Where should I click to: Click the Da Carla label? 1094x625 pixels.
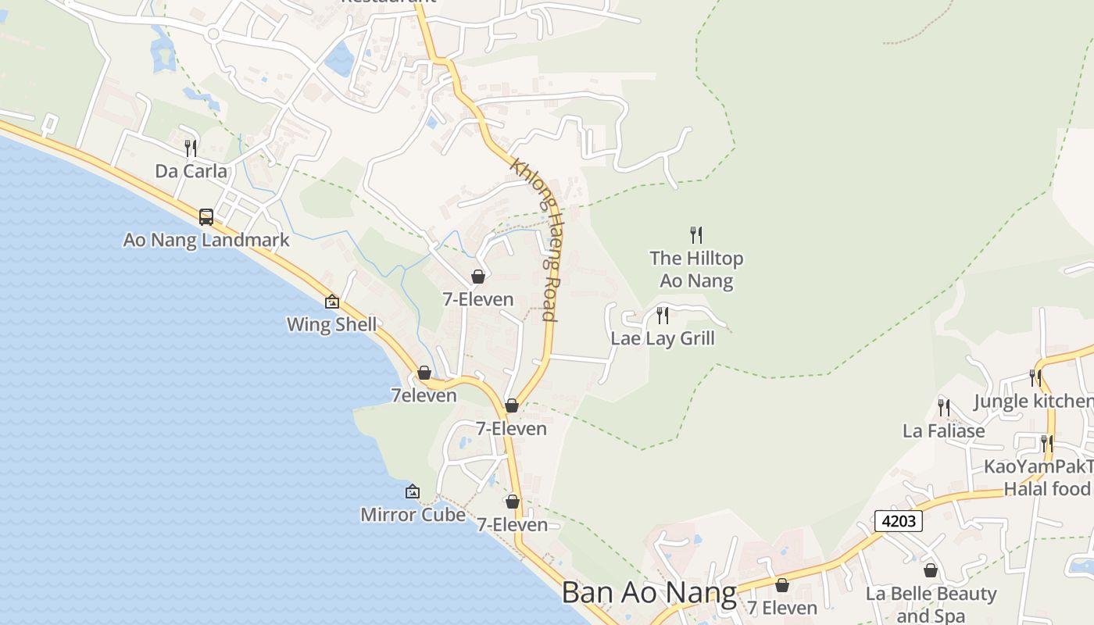191,171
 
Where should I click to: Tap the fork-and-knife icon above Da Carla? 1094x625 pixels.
191,148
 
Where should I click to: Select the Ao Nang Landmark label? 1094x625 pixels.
206,240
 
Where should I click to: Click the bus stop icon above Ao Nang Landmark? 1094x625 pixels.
206,216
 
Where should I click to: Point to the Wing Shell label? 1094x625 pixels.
331,324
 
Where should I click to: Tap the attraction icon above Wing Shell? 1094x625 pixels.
332,301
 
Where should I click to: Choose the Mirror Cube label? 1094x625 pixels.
413,515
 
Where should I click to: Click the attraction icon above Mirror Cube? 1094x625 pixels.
413,491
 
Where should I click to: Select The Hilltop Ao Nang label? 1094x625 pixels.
696,269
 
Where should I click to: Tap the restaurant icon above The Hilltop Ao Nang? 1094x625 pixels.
696,234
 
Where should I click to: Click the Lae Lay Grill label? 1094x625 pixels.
663,338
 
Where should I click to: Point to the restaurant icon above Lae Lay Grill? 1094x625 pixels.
663,315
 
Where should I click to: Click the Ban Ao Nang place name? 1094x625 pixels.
649,593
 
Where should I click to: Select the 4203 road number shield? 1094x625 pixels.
899,521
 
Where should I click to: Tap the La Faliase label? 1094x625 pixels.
943,430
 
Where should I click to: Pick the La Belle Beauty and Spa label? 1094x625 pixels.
931,604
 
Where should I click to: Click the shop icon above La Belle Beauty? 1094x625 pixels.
931,570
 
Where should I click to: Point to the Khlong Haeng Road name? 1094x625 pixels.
536,239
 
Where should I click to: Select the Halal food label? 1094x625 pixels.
1046,488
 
